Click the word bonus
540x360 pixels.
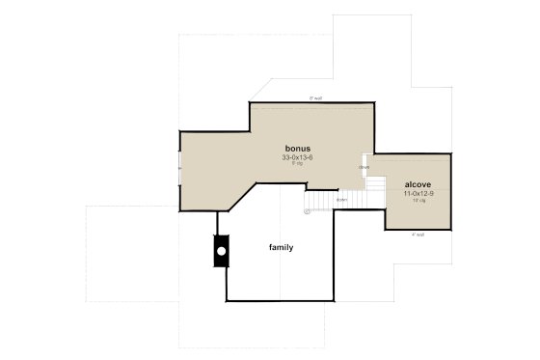point(297,148)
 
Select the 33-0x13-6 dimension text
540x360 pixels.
point(297,156)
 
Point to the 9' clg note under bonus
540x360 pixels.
point(297,163)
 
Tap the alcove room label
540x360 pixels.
point(418,184)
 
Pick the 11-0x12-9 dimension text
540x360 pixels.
point(418,193)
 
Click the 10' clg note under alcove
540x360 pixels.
point(418,201)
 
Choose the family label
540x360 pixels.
point(281,248)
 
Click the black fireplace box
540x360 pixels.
point(221,251)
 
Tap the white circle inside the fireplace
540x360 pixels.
point(221,251)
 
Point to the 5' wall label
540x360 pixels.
point(314,98)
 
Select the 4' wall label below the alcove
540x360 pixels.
point(418,235)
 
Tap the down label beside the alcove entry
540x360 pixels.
point(364,167)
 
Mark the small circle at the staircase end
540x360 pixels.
point(308,210)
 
